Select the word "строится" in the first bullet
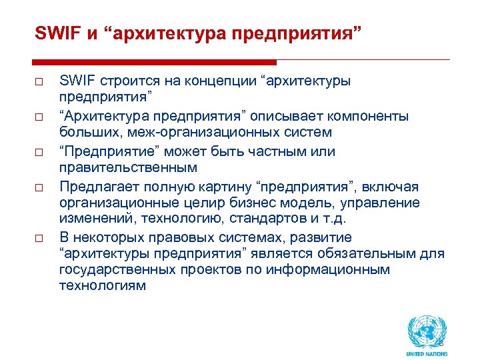tap(123, 81)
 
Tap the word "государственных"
tap(114, 269)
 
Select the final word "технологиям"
tap(102, 285)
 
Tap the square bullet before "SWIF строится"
tap(40, 82)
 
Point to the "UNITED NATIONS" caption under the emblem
tap(427, 353)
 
